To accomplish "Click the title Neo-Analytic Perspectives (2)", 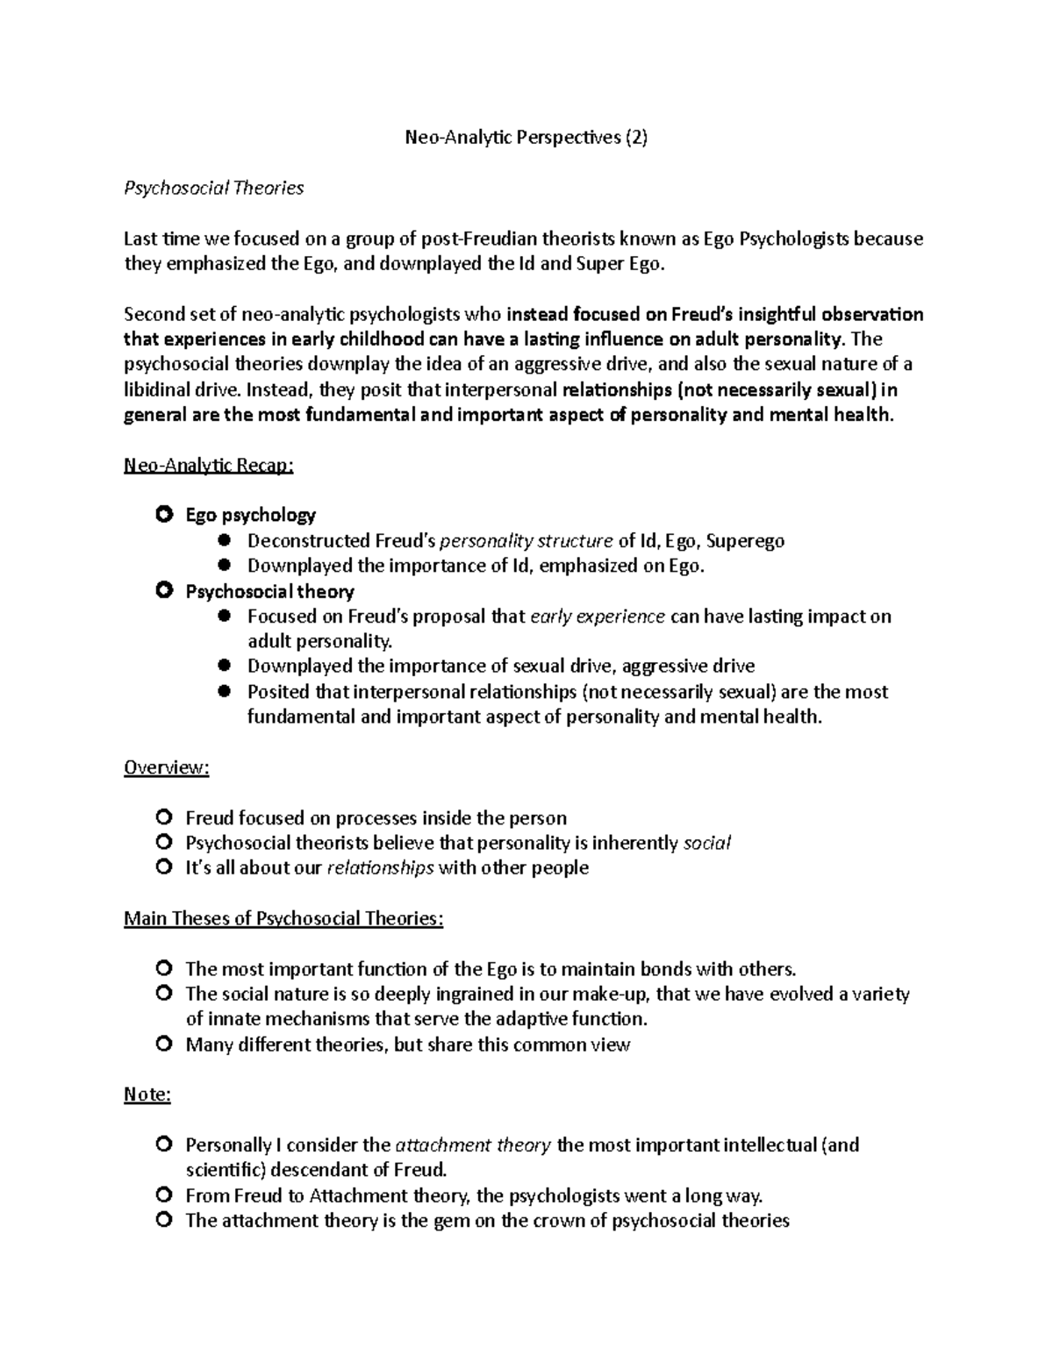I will (x=525, y=138).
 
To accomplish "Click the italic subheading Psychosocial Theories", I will (x=213, y=188).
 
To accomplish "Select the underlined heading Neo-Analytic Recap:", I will (x=208, y=466).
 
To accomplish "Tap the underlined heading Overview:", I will (x=167, y=767).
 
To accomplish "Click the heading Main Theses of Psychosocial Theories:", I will (x=283, y=918).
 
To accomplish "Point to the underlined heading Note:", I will (x=147, y=1095).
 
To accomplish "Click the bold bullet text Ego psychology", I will (x=250, y=515).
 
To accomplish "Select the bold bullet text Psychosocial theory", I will (x=269, y=591).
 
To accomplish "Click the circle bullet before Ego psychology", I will (x=163, y=515).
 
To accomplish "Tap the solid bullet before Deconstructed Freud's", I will (x=225, y=540).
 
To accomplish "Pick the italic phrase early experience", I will (x=598, y=616).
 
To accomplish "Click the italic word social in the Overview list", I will (x=706, y=843).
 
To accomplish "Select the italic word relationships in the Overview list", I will (x=380, y=867).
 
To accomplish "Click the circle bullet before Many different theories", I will (x=163, y=1045).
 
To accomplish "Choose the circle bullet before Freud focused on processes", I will (x=163, y=817).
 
